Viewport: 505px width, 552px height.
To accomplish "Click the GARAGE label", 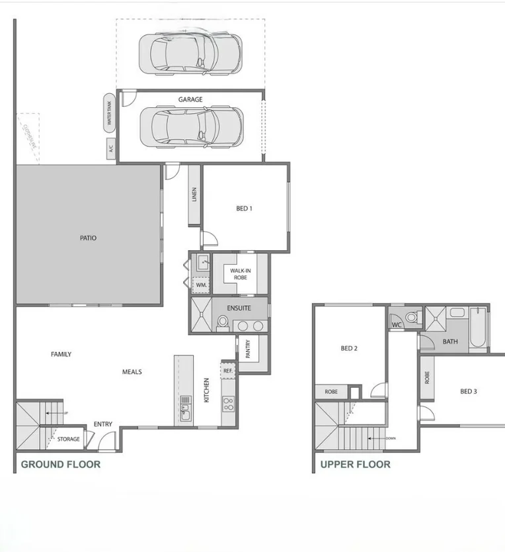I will pos(190,100).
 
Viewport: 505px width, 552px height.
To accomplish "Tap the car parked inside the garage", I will pos(191,126).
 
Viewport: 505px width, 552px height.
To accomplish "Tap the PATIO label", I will pos(88,238).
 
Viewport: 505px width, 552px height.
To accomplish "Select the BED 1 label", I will pos(244,208).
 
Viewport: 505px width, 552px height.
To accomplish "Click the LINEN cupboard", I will pos(194,196).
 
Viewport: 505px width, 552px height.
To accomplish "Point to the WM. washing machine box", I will pos(201,285).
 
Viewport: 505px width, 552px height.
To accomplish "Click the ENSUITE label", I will pos(239,308).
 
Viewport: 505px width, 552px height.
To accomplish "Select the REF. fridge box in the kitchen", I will pos(228,371).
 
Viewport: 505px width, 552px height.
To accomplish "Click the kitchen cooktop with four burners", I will pos(228,403).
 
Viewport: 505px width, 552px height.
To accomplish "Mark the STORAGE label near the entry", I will pos(68,439).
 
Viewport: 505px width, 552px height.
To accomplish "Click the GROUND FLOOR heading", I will pos(61,465).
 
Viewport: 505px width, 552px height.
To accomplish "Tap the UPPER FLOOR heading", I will pos(355,465).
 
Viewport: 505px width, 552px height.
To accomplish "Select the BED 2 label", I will pos(349,349).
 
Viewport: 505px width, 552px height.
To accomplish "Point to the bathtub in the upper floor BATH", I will pos(478,329).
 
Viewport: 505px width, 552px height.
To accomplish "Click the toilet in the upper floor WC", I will pos(412,317).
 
